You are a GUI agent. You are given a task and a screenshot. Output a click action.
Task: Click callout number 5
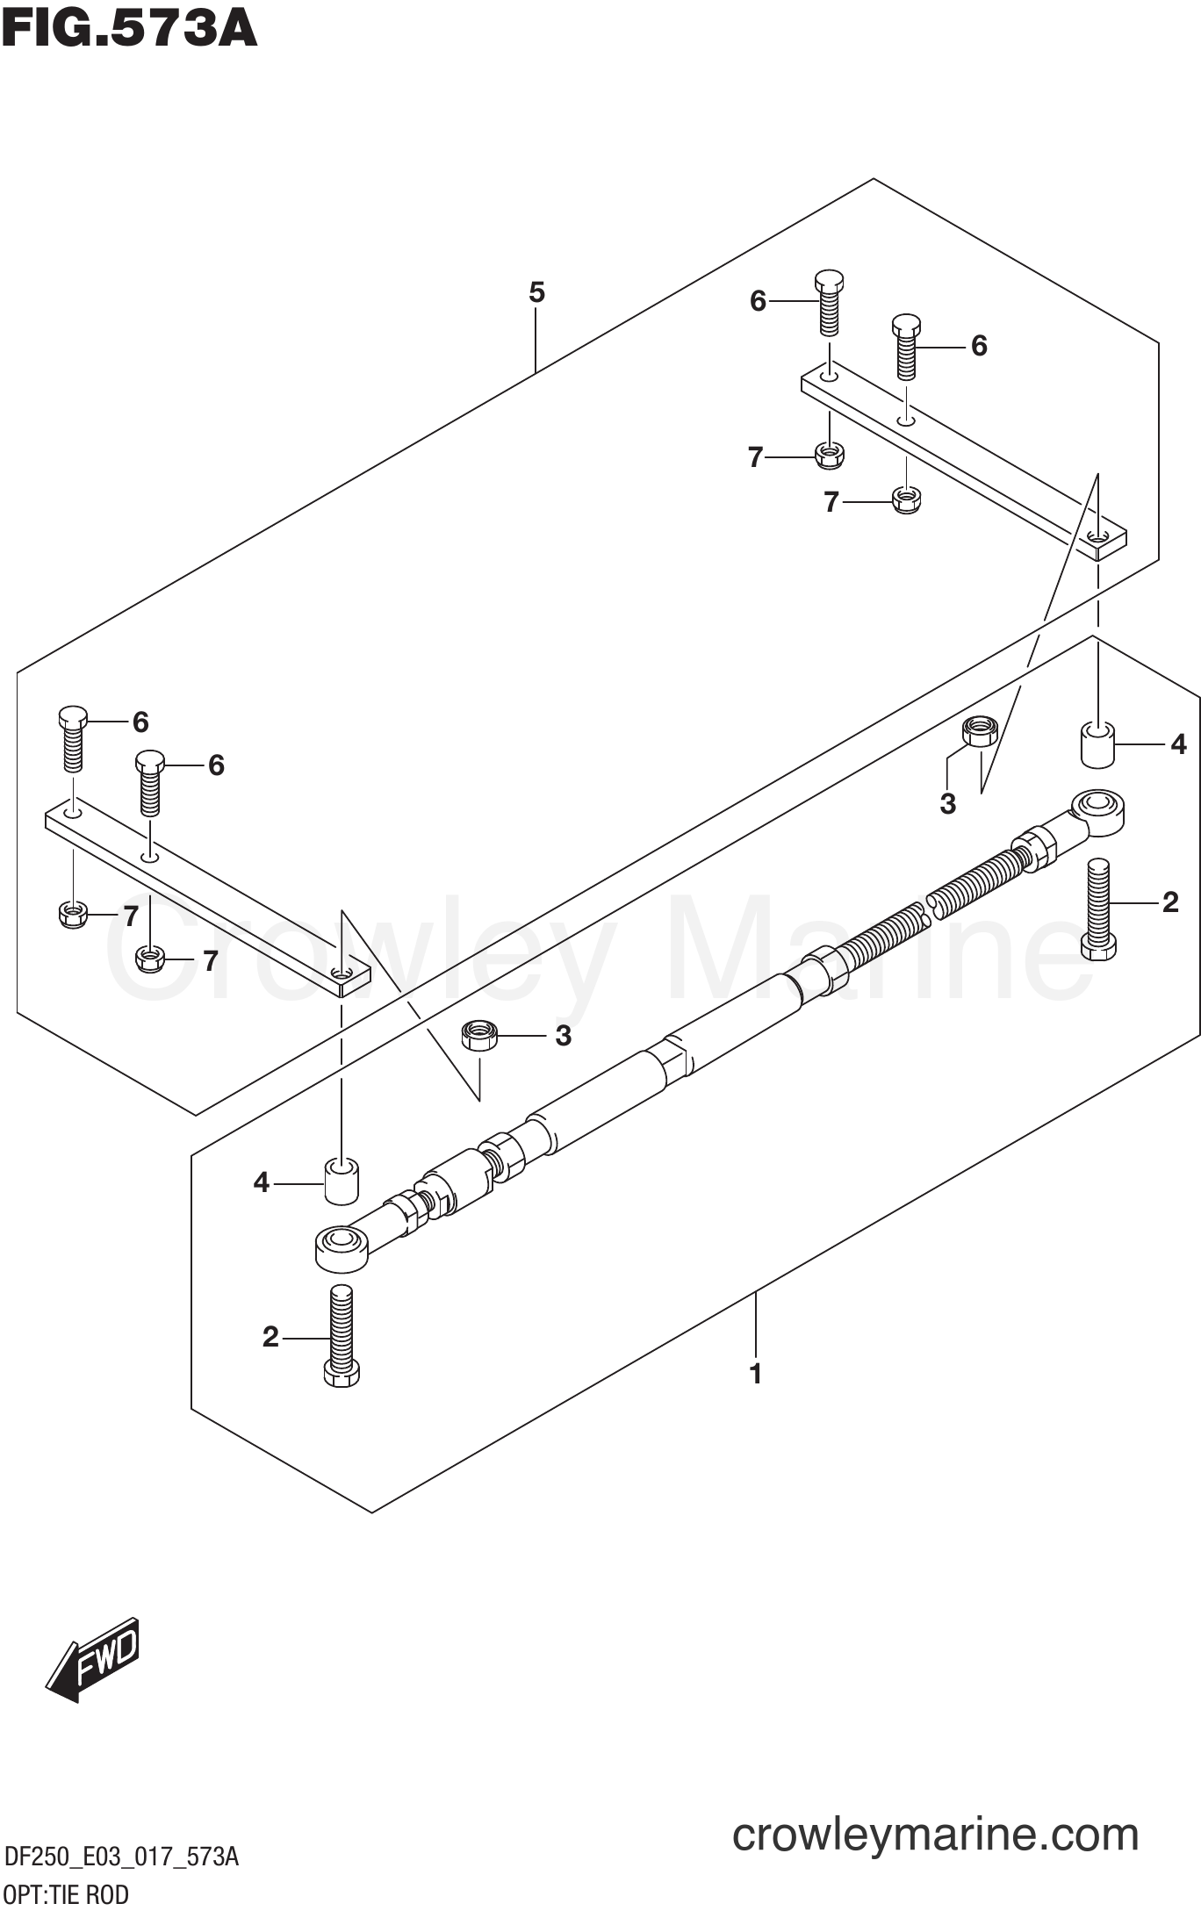point(536,292)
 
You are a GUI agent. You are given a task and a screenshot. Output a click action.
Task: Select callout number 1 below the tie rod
point(755,1373)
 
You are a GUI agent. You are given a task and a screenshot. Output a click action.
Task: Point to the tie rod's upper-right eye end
point(1097,811)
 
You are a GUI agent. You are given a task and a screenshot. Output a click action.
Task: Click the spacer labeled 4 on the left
point(342,1182)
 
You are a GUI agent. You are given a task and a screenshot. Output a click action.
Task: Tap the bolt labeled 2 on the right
point(1098,909)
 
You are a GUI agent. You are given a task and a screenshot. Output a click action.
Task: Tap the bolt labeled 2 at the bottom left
point(342,1335)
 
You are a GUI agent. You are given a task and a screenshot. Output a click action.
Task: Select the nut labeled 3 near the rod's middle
point(479,1036)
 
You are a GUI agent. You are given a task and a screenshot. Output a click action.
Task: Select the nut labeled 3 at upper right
point(981,731)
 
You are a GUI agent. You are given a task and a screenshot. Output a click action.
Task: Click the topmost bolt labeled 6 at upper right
point(830,303)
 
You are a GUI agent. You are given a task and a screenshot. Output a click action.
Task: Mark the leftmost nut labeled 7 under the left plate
point(73,915)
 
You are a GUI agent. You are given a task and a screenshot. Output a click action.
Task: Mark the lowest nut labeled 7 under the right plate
point(906,500)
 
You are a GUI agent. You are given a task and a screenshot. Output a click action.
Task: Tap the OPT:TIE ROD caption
point(66,1894)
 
